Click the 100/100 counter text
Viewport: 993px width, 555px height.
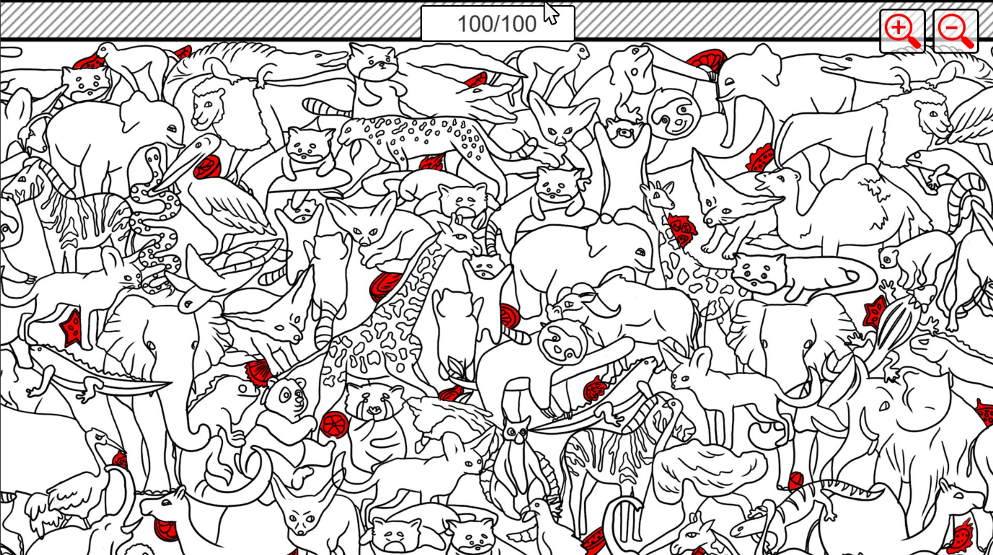point(497,24)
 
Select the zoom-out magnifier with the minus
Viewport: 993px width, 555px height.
point(956,30)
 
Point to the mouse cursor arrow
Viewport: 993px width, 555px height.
point(552,12)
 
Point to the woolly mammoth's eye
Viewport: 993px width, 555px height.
point(884,406)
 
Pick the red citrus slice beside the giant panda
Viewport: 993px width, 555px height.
point(334,424)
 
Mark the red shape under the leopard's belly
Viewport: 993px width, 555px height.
point(432,162)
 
